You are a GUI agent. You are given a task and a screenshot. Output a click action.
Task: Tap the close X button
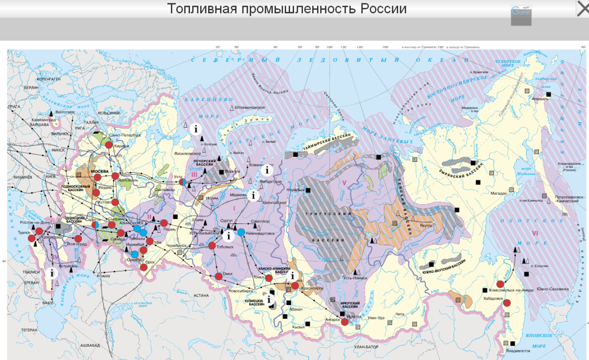582,8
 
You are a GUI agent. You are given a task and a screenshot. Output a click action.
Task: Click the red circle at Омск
218,276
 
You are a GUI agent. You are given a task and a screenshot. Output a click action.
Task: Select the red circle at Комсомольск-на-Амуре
500,284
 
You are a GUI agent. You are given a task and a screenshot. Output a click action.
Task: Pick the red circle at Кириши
108,145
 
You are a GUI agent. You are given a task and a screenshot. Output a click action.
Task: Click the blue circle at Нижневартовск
241,232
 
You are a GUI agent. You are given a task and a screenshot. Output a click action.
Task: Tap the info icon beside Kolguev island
196,129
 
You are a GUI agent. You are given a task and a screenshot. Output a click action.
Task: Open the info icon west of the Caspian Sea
51,273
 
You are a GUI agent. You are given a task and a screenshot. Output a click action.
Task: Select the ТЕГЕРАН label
28,330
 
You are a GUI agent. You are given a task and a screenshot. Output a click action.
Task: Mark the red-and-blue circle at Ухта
183,181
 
